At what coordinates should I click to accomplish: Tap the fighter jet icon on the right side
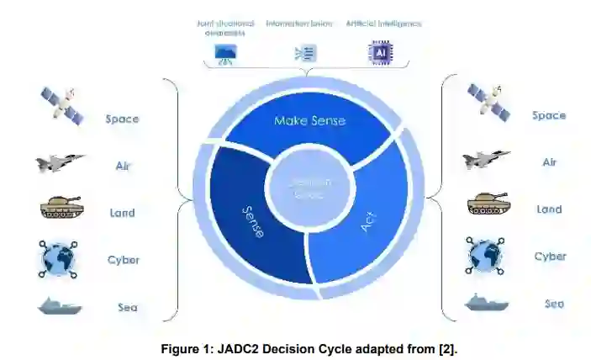(x=486, y=160)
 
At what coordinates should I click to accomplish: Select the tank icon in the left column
(x=61, y=207)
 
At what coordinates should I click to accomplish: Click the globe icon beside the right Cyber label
(x=487, y=256)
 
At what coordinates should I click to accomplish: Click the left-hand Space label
(x=122, y=119)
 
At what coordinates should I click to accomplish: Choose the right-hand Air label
(x=549, y=162)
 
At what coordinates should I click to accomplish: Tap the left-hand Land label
(x=125, y=213)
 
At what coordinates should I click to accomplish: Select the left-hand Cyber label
(x=124, y=260)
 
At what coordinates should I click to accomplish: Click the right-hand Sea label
(x=553, y=304)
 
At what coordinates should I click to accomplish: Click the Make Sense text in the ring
(x=309, y=121)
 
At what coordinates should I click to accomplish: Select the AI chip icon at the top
(x=381, y=53)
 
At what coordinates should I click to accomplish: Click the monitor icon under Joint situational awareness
(x=226, y=53)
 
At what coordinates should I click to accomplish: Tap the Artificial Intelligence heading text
(x=383, y=24)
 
